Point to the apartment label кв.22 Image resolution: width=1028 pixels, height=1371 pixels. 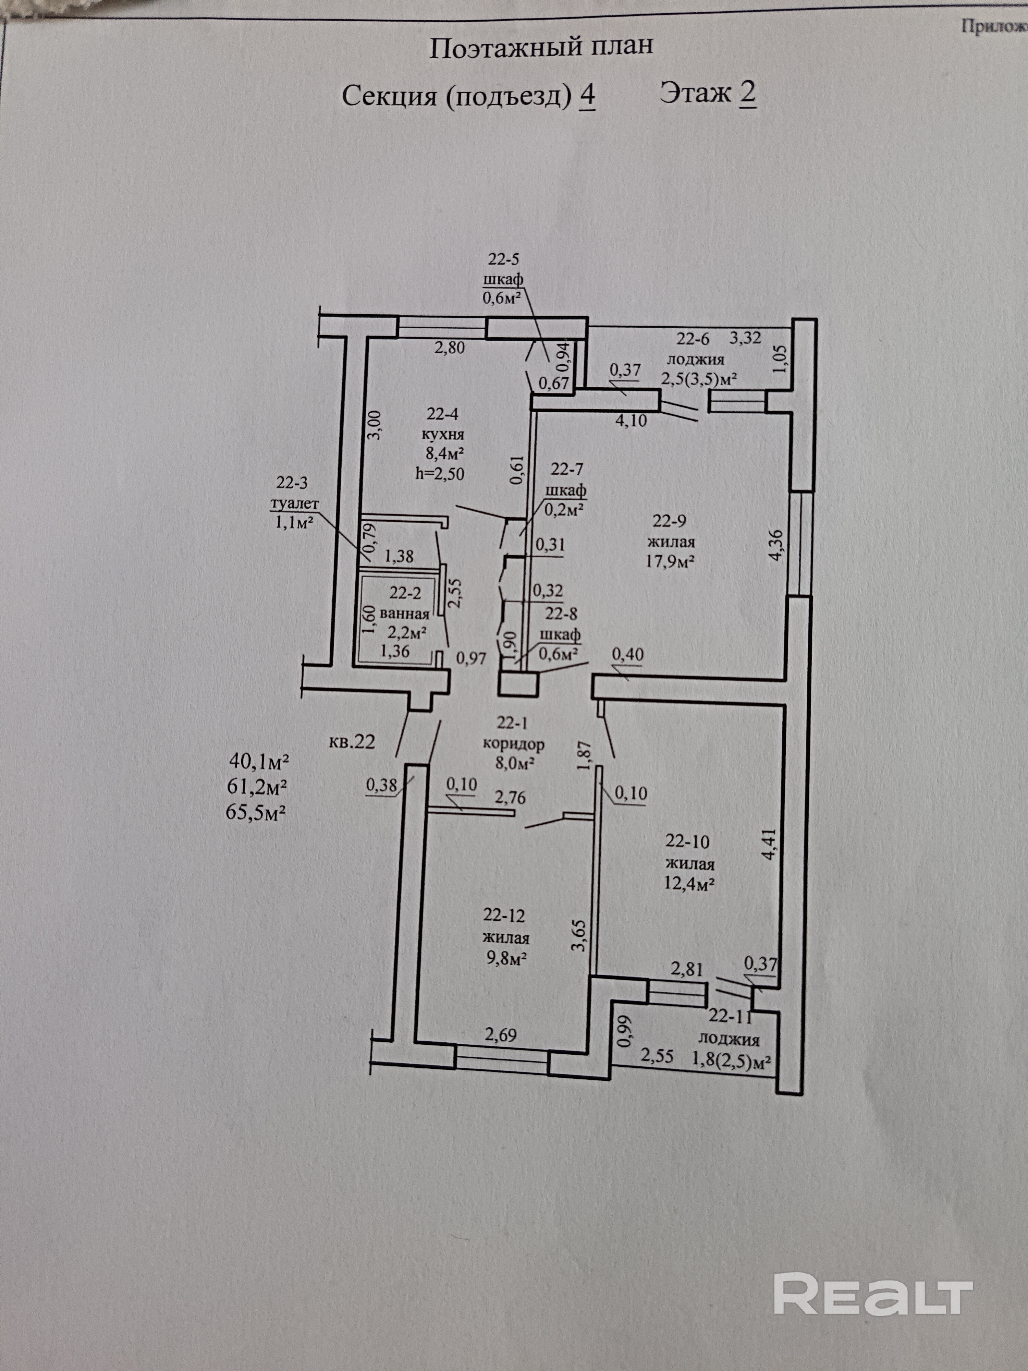click(x=352, y=742)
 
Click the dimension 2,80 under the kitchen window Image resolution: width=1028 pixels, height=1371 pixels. click(x=450, y=348)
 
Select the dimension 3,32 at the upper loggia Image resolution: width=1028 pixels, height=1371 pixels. click(x=745, y=338)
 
